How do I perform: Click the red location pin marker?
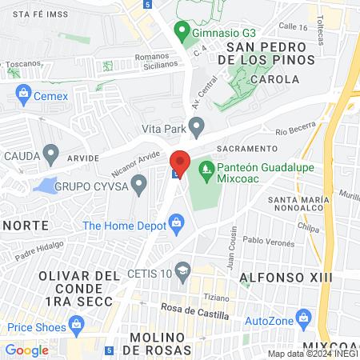point(180,163)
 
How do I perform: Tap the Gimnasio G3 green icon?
point(182,33)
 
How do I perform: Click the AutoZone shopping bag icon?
point(302,320)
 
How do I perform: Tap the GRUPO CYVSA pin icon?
point(140,187)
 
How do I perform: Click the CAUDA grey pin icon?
point(52,152)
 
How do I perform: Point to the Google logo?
point(27,350)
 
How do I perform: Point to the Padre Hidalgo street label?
point(38,252)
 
